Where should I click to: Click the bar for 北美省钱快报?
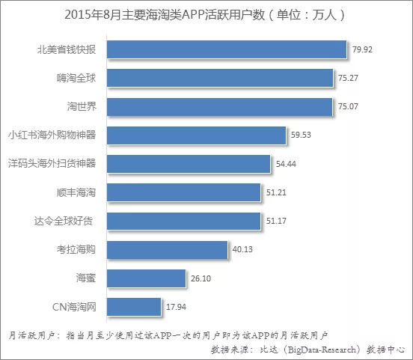coord(227,49)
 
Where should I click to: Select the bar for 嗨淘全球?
coord(220,78)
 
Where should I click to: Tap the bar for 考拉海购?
coord(168,249)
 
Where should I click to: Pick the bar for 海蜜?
coord(146,278)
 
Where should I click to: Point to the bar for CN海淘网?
coord(134,307)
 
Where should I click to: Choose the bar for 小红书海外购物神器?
coord(196,135)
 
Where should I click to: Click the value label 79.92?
coord(362,49)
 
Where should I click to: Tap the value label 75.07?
coord(348,106)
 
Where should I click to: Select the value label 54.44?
coord(286,164)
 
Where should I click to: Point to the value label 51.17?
coord(276,221)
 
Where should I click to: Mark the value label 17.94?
coord(177,307)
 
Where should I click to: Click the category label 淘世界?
coord(82,106)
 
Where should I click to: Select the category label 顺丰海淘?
coord(76,192)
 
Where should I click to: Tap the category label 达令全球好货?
coord(64,221)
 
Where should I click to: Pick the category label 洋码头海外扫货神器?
coord(52,163)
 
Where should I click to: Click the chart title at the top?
coord(205,15)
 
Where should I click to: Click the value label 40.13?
coord(242,249)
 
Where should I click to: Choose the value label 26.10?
coord(201,278)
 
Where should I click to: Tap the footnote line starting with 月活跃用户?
coord(168,335)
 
